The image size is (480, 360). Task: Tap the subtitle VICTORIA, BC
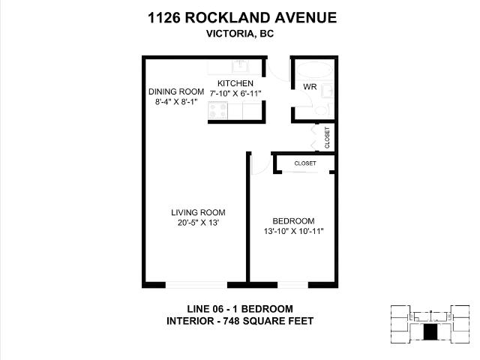239,33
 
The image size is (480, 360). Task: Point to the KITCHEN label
235,82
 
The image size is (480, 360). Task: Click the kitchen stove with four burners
218,110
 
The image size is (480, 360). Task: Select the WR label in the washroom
309,88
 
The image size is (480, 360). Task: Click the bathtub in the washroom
314,70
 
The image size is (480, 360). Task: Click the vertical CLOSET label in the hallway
327,137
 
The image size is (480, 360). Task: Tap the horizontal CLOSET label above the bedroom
305,163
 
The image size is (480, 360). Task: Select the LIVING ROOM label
198,212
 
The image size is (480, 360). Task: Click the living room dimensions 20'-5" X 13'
198,223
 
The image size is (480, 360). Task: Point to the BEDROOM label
292,220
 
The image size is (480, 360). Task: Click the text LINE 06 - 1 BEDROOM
239,309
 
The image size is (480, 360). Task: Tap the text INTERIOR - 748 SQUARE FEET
239,321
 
